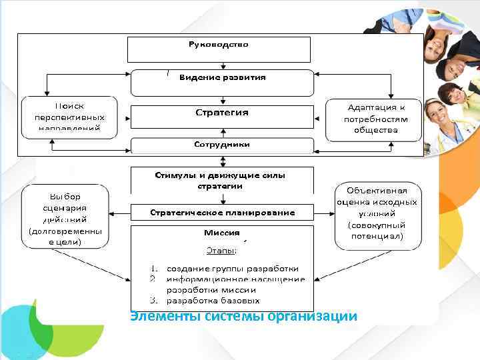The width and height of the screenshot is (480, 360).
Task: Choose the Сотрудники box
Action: click(x=221, y=145)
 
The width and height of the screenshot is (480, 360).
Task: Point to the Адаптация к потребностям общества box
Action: click(x=375, y=119)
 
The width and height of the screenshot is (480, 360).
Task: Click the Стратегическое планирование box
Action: click(x=221, y=213)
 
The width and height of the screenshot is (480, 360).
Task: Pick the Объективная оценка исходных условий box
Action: click(x=376, y=214)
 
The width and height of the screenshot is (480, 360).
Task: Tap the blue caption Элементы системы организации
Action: click(x=244, y=316)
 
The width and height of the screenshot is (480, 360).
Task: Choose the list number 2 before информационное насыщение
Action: click(x=153, y=279)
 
